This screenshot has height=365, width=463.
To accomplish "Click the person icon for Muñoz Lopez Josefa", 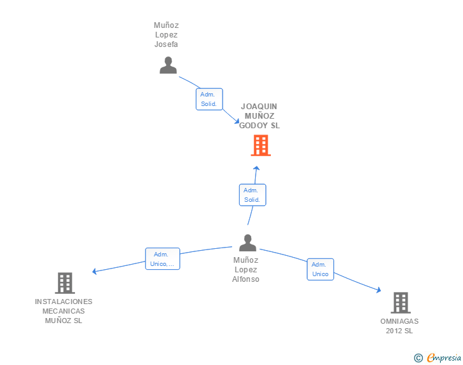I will coord(168,65).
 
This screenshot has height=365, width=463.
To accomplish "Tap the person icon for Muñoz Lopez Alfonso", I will coord(247,242).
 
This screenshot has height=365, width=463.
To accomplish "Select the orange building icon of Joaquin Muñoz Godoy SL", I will coord(260,145).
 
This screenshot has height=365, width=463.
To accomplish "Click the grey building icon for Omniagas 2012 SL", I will coord(400,303).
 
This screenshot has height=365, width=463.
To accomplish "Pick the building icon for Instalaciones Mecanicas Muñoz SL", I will coord(64,283).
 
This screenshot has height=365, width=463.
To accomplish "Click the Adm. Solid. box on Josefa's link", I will coord(209,99).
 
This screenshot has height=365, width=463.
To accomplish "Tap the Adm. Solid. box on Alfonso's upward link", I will coord(252,195).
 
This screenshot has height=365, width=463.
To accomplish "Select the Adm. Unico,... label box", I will coord(162,259).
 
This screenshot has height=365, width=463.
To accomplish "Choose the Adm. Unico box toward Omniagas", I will coord(320,269).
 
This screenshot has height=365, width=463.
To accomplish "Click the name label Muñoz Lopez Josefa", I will coord(166,35).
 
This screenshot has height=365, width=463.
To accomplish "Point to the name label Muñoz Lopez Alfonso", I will coord(245,269).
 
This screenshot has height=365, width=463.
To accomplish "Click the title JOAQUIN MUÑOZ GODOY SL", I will coord(259,116).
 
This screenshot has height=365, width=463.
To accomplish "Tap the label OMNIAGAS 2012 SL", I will coord(399,326).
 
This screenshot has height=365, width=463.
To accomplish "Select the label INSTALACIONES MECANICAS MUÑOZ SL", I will coord(64,311).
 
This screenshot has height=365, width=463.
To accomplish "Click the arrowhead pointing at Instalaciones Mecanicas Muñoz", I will coord(95,272).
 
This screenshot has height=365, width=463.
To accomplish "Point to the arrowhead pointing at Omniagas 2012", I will coord(378,291).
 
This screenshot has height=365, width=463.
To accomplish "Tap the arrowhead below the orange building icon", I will coord(256,168).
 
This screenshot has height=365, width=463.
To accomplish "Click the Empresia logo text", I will coord(443,358).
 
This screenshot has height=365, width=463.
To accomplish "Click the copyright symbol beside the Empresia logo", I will coord(418,358).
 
